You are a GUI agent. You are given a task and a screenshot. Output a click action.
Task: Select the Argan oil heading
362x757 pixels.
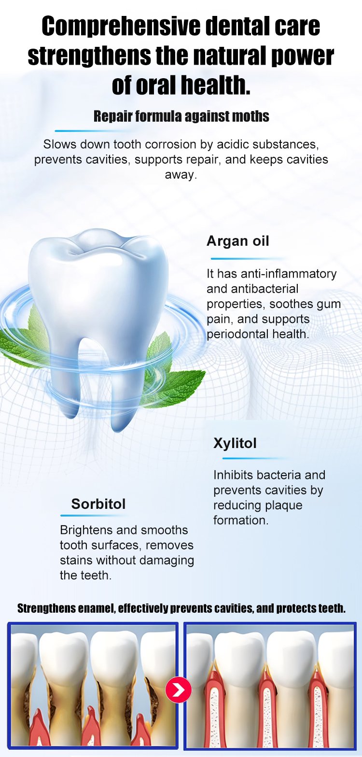click(x=237, y=241)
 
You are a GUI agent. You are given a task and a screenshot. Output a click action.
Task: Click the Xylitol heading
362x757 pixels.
click(x=235, y=443)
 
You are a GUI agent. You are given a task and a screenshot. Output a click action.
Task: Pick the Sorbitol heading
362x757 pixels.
click(x=98, y=504)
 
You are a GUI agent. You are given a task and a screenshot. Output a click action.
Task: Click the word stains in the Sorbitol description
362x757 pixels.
click(x=76, y=560)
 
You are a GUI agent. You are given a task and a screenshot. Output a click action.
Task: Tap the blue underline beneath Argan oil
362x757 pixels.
click(x=249, y=259)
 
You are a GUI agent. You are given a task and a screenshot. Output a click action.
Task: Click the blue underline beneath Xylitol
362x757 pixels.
click(x=256, y=458)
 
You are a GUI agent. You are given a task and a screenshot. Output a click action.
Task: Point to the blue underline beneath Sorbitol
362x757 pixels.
click(x=93, y=516)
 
